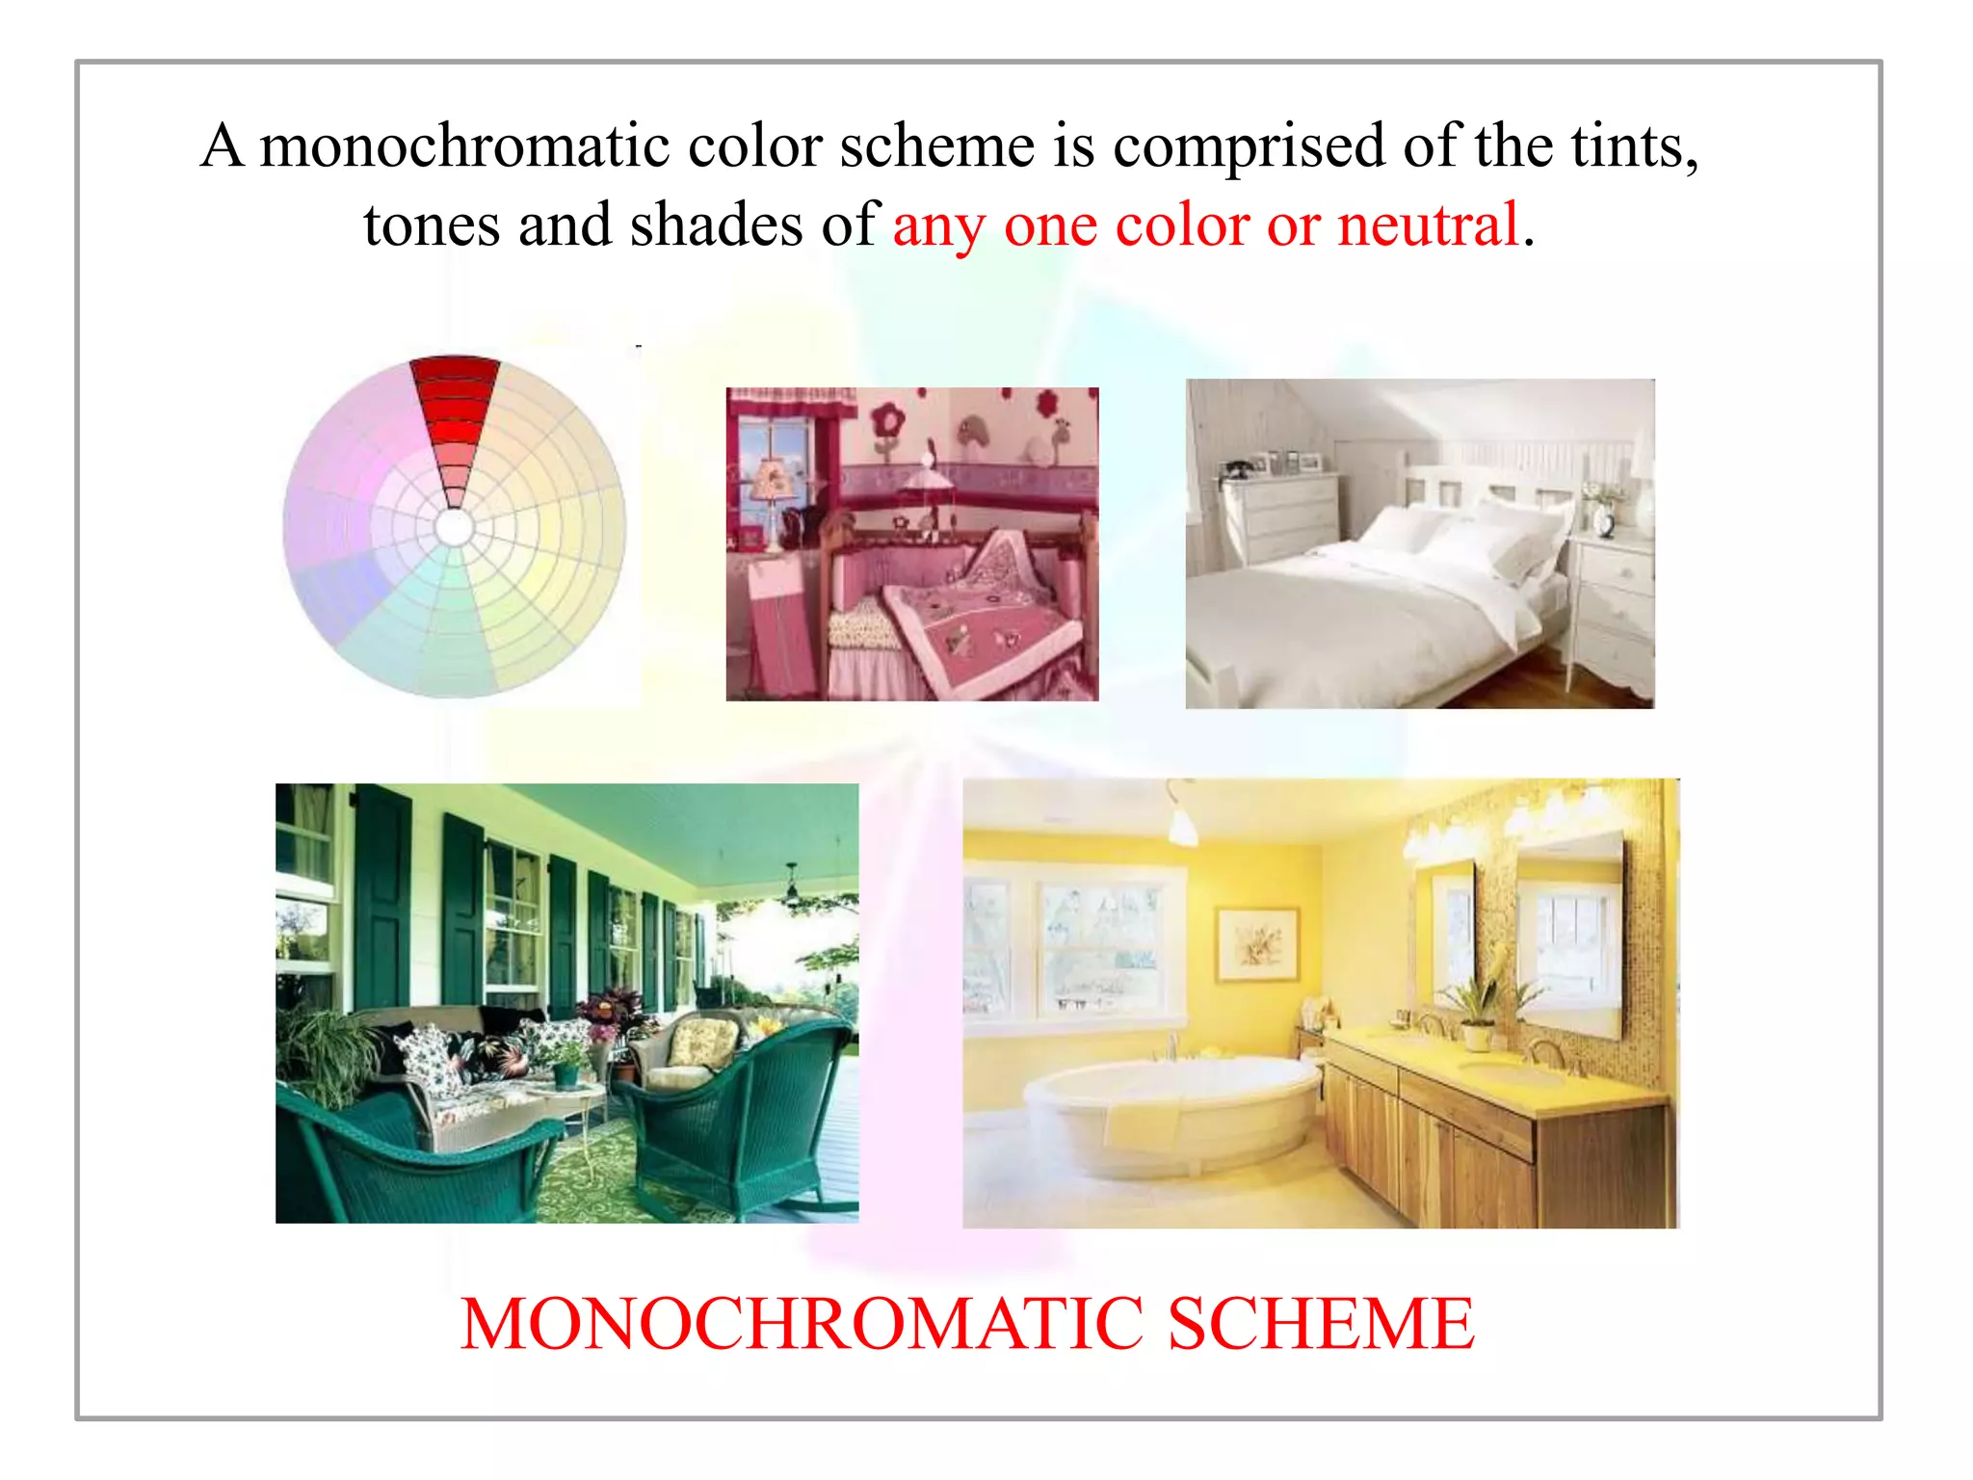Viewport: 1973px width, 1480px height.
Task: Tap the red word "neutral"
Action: (x=1428, y=225)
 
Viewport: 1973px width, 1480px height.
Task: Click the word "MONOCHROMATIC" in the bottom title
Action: (x=802, y=1324)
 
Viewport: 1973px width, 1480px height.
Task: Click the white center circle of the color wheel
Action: (x=455, y=527)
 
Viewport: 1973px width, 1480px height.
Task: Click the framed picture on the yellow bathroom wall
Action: (x=1255, y=943)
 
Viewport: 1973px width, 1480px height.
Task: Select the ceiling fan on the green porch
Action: (x=792, y=887)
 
